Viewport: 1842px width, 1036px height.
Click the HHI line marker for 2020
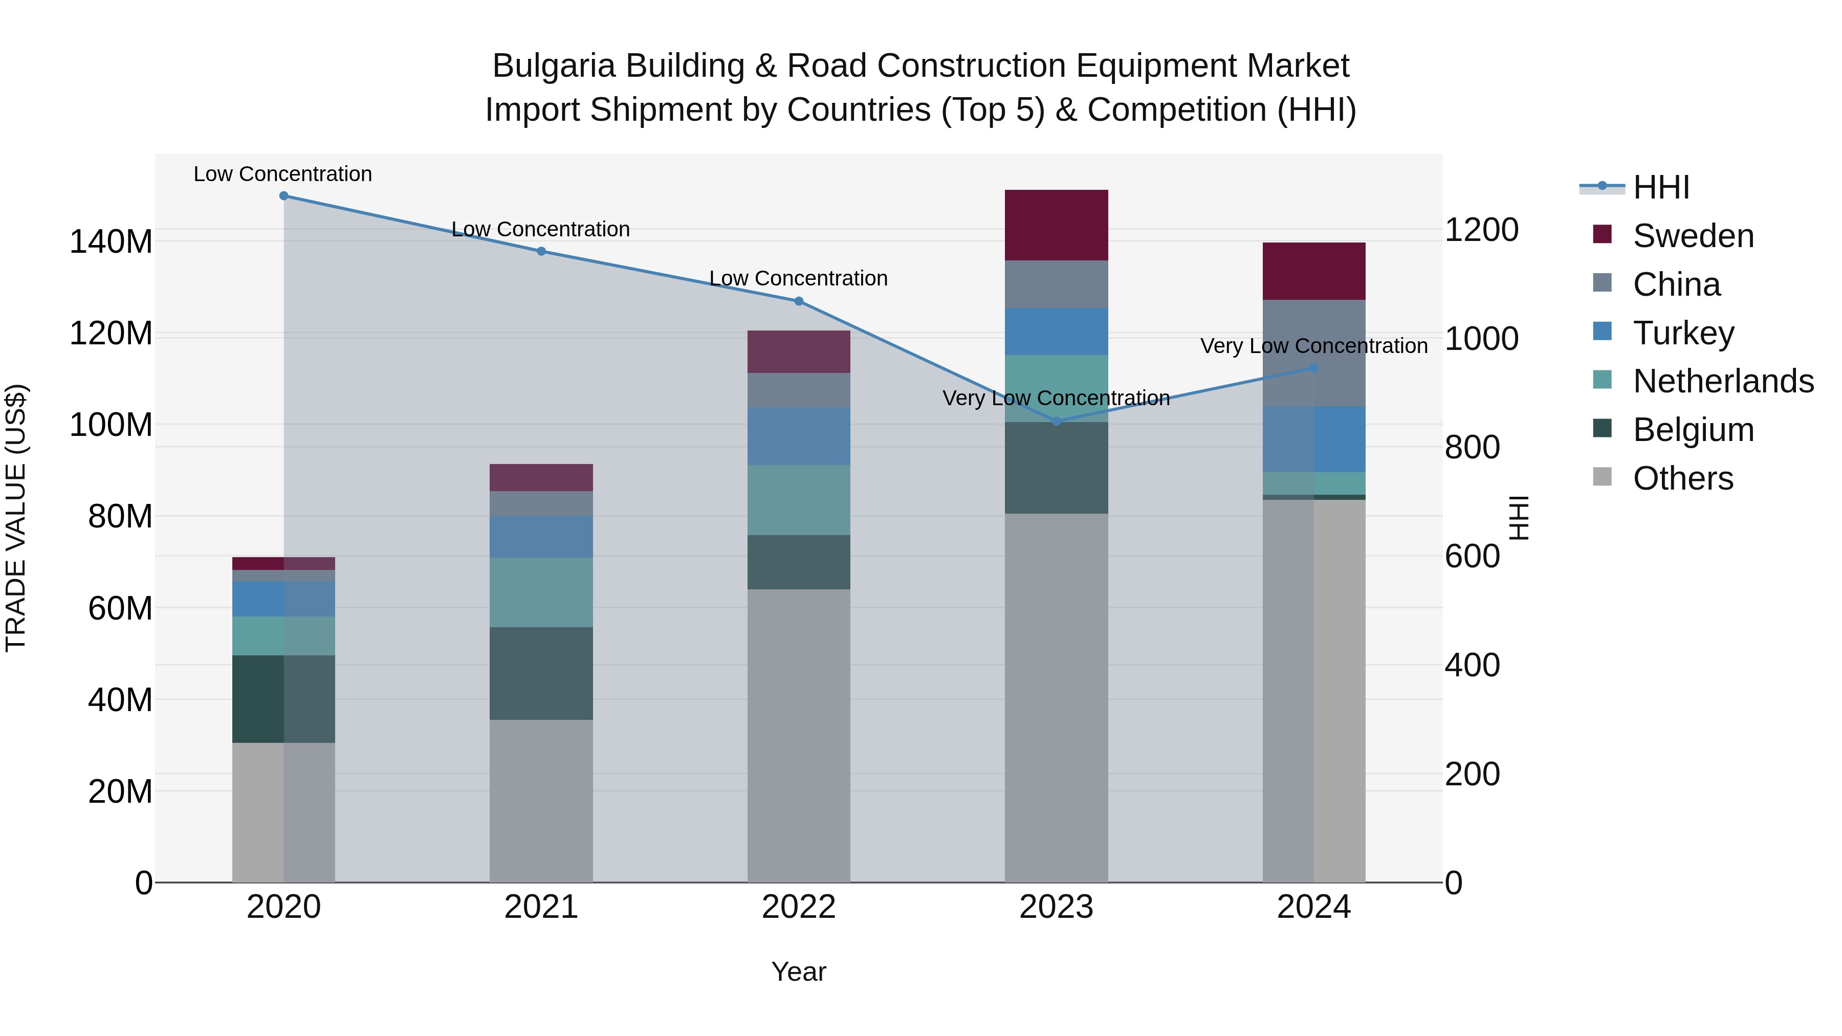[284, 195]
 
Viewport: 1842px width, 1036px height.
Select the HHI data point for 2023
[1057, 421]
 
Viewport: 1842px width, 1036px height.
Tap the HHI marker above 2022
[799, 301]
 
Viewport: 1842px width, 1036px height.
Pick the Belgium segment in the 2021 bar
[541, 673]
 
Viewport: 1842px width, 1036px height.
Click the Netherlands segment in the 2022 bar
[798, 500]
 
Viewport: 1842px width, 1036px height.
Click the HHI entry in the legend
[1661, 187]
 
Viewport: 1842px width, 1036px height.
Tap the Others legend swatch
[1603, 477]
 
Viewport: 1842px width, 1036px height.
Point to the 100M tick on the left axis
[111, 425]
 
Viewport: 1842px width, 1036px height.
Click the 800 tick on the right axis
[1472, 448]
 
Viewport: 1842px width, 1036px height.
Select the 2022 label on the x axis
[798, 907]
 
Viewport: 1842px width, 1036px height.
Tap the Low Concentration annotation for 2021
[541, 230]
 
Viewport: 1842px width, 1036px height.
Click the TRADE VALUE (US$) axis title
[16, 518]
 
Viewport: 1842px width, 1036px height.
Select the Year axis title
[798, 972]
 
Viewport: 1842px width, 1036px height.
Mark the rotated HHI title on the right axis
[1518, 518]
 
